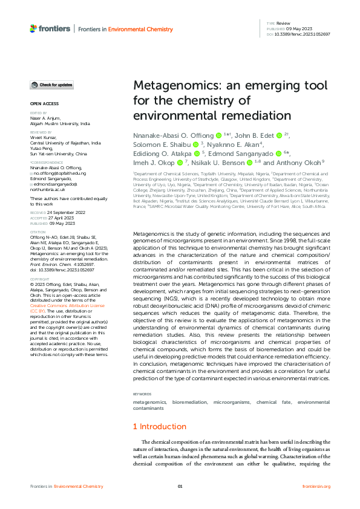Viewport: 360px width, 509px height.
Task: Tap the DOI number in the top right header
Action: click(x=303, y=34)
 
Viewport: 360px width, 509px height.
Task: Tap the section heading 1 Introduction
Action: click(x=160, y=427)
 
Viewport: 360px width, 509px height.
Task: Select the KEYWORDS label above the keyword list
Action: click(x=143, y=394)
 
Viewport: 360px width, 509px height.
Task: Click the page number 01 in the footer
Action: click(x=180, y=486)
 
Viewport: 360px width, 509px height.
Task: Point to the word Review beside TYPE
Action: click(x=283, y=23)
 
